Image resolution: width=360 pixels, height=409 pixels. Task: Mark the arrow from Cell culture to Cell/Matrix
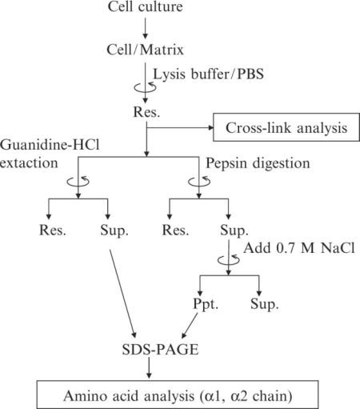tap(145, 28)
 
